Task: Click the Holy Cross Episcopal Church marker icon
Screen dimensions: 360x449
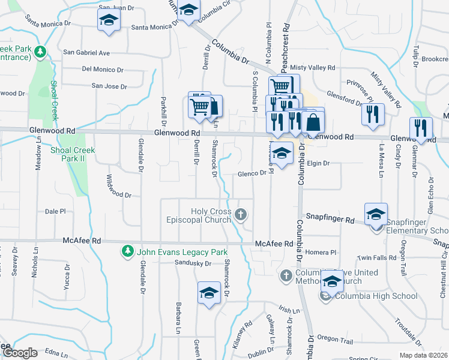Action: [241, 214]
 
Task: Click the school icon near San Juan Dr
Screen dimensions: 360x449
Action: [109, 19]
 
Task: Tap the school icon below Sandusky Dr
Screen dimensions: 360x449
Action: [208, 293]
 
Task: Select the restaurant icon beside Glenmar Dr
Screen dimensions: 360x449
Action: [420, 127]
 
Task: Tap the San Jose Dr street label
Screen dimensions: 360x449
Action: [109, 86]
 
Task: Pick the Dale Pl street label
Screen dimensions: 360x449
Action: [55, 211]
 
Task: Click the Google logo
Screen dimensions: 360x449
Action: [19, 353]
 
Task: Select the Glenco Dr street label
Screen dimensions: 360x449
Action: [252, 173]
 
